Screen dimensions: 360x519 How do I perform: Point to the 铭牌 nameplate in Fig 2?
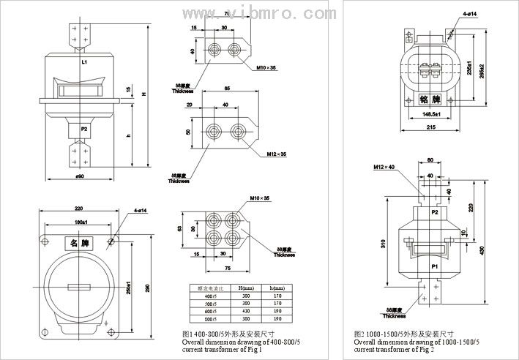coord(430,99)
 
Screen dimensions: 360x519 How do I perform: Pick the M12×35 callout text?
coord(277,154)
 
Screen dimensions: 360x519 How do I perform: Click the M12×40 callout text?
coord(384,168)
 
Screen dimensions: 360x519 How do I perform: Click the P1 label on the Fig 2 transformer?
coord(435,268)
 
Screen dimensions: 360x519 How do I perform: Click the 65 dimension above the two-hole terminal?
coord(228,88)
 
